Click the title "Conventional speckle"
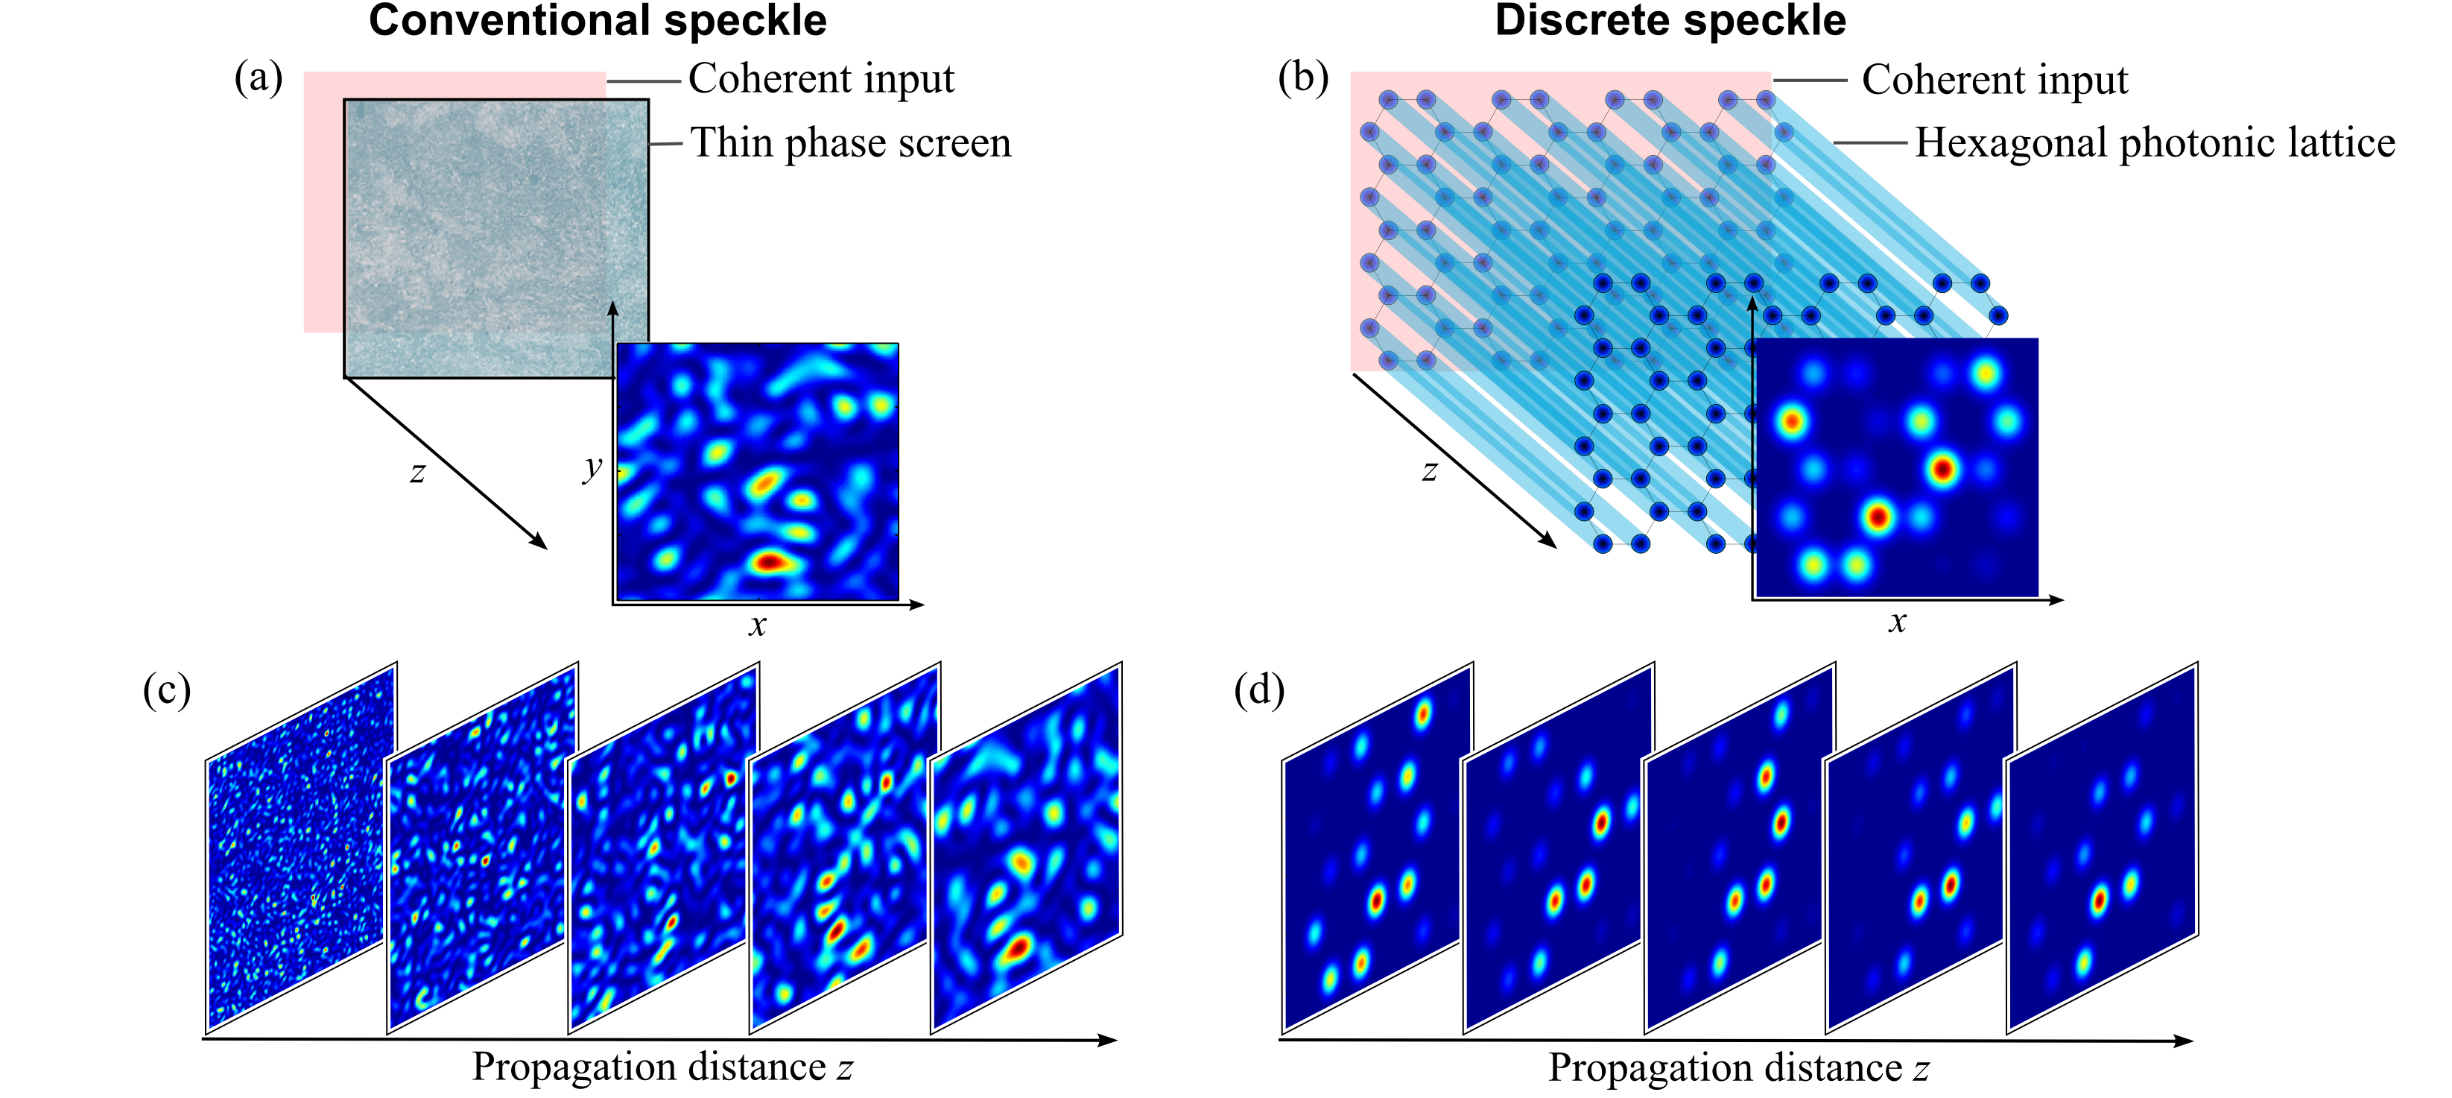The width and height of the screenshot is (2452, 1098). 597,21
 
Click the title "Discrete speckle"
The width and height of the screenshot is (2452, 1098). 1670,21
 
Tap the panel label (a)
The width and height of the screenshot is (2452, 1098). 258,78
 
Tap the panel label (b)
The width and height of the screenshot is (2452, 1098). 1303,78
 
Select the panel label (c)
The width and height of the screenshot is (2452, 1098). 167,690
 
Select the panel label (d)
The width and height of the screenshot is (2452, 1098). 1258,690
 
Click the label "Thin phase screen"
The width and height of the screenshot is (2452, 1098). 850,143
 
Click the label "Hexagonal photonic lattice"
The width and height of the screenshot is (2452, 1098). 2154,143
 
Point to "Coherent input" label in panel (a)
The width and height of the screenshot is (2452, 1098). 820,79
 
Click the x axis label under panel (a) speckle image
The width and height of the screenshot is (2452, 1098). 757,625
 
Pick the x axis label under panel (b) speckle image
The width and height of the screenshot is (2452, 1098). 1897,622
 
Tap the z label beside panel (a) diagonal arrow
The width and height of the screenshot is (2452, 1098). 417,471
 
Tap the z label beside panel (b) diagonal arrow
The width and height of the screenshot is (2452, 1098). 1429,470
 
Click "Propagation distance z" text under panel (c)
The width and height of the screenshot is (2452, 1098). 662,1067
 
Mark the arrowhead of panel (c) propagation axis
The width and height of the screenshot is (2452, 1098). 1109,1040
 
